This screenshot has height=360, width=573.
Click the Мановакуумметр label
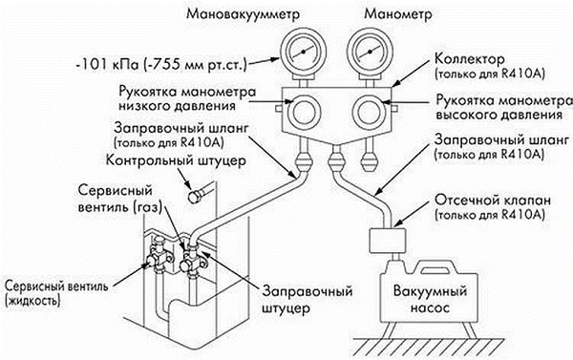(x=243, y=14)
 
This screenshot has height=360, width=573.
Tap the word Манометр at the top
(x=398, y=14)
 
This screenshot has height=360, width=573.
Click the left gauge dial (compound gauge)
(x=303, y=53)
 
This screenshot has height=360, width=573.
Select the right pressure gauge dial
(x=371, y=53)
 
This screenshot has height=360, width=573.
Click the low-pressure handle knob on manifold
(x=304, y=113)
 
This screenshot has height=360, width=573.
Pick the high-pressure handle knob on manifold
(x=369, y=113)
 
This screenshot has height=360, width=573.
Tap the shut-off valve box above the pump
(x=388, y=241)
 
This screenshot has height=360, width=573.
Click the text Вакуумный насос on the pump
(x=430, y=300)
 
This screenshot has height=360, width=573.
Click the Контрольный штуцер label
(x=176, y=160)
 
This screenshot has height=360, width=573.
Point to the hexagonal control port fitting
(x=195, y=197)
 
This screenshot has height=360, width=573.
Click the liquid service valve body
(x=157, y=257)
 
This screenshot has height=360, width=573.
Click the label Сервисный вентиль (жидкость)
(x=56, y=293)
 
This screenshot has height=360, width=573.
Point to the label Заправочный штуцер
(x=308, y=300)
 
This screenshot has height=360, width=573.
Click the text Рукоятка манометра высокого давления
(x=504, y=108)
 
